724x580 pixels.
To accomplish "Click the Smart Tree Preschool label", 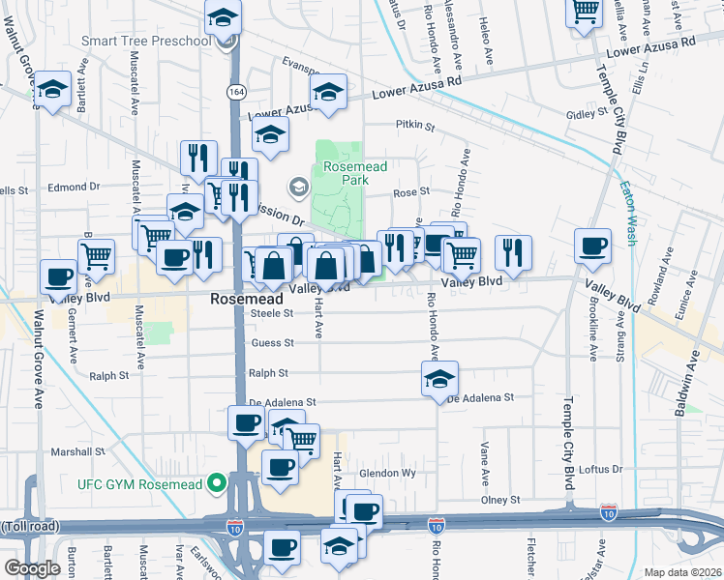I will [x=145, y=41].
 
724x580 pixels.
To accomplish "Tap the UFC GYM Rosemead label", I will [x=139, y=483].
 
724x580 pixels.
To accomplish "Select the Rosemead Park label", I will [x=354, y=173].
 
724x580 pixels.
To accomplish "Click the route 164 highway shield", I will [x=235, y=91].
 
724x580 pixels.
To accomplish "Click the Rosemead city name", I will [x=246, y=301].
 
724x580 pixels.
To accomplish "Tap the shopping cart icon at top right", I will [x=585, y=12].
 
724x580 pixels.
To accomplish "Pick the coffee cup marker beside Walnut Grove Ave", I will [x=58, y=276].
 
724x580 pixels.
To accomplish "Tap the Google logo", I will [x=32, y=568].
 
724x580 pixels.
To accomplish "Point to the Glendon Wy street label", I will [x=387, y=473].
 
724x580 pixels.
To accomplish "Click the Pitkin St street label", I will [x=415, y=125].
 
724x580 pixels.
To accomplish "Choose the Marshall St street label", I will [x=77, y=451].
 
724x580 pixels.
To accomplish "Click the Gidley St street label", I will [x=587, y=114].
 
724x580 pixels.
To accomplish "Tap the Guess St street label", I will [x=272, y=342].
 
